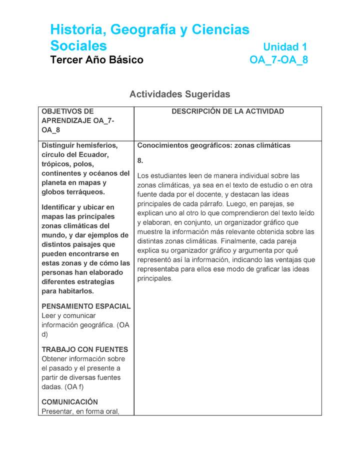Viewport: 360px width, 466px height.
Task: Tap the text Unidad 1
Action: (x=284, y=47)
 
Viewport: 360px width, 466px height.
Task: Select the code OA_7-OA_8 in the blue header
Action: (x=278, y=60)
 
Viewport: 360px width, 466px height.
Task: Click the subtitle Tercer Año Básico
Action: (x=96, y=60)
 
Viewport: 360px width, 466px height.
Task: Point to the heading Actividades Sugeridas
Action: (x=180, y=94)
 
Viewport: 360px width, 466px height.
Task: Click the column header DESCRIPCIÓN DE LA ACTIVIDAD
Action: (x=227, y=111)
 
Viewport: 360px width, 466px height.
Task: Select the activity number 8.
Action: (x=140, y=160)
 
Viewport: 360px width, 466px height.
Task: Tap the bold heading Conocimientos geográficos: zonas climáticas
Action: (x=213, y=145)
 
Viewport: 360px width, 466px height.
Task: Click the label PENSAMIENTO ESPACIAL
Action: (x=86, y=306)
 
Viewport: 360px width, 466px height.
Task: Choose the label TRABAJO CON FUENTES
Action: (x=84, y=349)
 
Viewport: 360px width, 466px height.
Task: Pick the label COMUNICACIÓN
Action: (x=69, y=402)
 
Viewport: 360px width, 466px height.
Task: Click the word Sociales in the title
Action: (x=78, y=46)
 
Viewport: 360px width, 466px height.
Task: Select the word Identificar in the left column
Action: (x=60, y=207)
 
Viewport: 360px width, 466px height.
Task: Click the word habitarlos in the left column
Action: (x=75, y=291)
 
